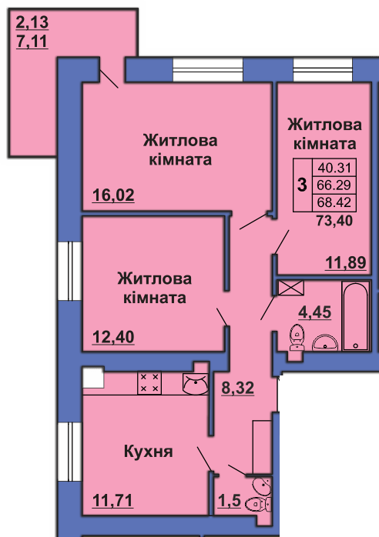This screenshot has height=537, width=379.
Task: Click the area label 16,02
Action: click(113, 195)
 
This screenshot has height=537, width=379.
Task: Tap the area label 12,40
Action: click(113, 337)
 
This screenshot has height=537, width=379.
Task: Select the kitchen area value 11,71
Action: click(112, 501)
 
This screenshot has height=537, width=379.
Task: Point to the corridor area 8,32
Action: click(238, 388)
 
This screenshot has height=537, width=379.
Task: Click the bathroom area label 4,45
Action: click(315, 312)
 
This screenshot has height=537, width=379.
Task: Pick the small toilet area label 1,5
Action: click(230, 501)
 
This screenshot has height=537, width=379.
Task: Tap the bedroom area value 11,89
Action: click(346, 262)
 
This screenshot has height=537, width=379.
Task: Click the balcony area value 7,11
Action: click(32, 42)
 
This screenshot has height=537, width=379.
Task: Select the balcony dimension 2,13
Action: click(32, 22)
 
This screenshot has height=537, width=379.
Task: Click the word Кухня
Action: click(148, 452)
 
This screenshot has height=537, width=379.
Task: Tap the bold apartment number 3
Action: click(302, 185)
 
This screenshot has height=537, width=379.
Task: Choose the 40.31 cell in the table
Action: click(334, 168)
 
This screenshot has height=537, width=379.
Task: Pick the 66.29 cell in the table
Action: click(334, 185)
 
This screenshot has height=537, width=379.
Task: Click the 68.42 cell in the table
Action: click(334, 202)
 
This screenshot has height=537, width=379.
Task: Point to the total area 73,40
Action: click(334, 221)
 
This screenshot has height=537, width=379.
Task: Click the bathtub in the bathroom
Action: click(356, 315)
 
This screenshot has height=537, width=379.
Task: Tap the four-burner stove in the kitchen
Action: click(149, 383)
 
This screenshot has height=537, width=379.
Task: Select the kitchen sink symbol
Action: click(195, 383)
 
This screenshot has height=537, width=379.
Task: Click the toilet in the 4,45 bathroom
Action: click(297, 338)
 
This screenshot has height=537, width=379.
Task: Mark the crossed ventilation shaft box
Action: click(291, 288)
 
